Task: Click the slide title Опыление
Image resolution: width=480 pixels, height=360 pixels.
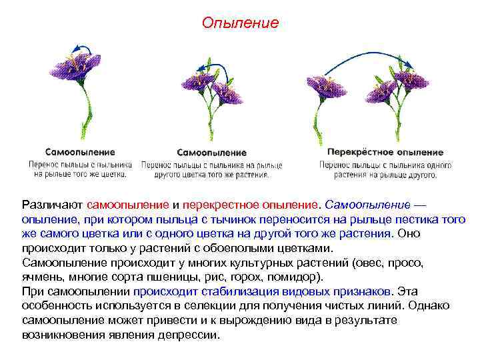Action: pyautogui.click(x=240, y=23)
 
